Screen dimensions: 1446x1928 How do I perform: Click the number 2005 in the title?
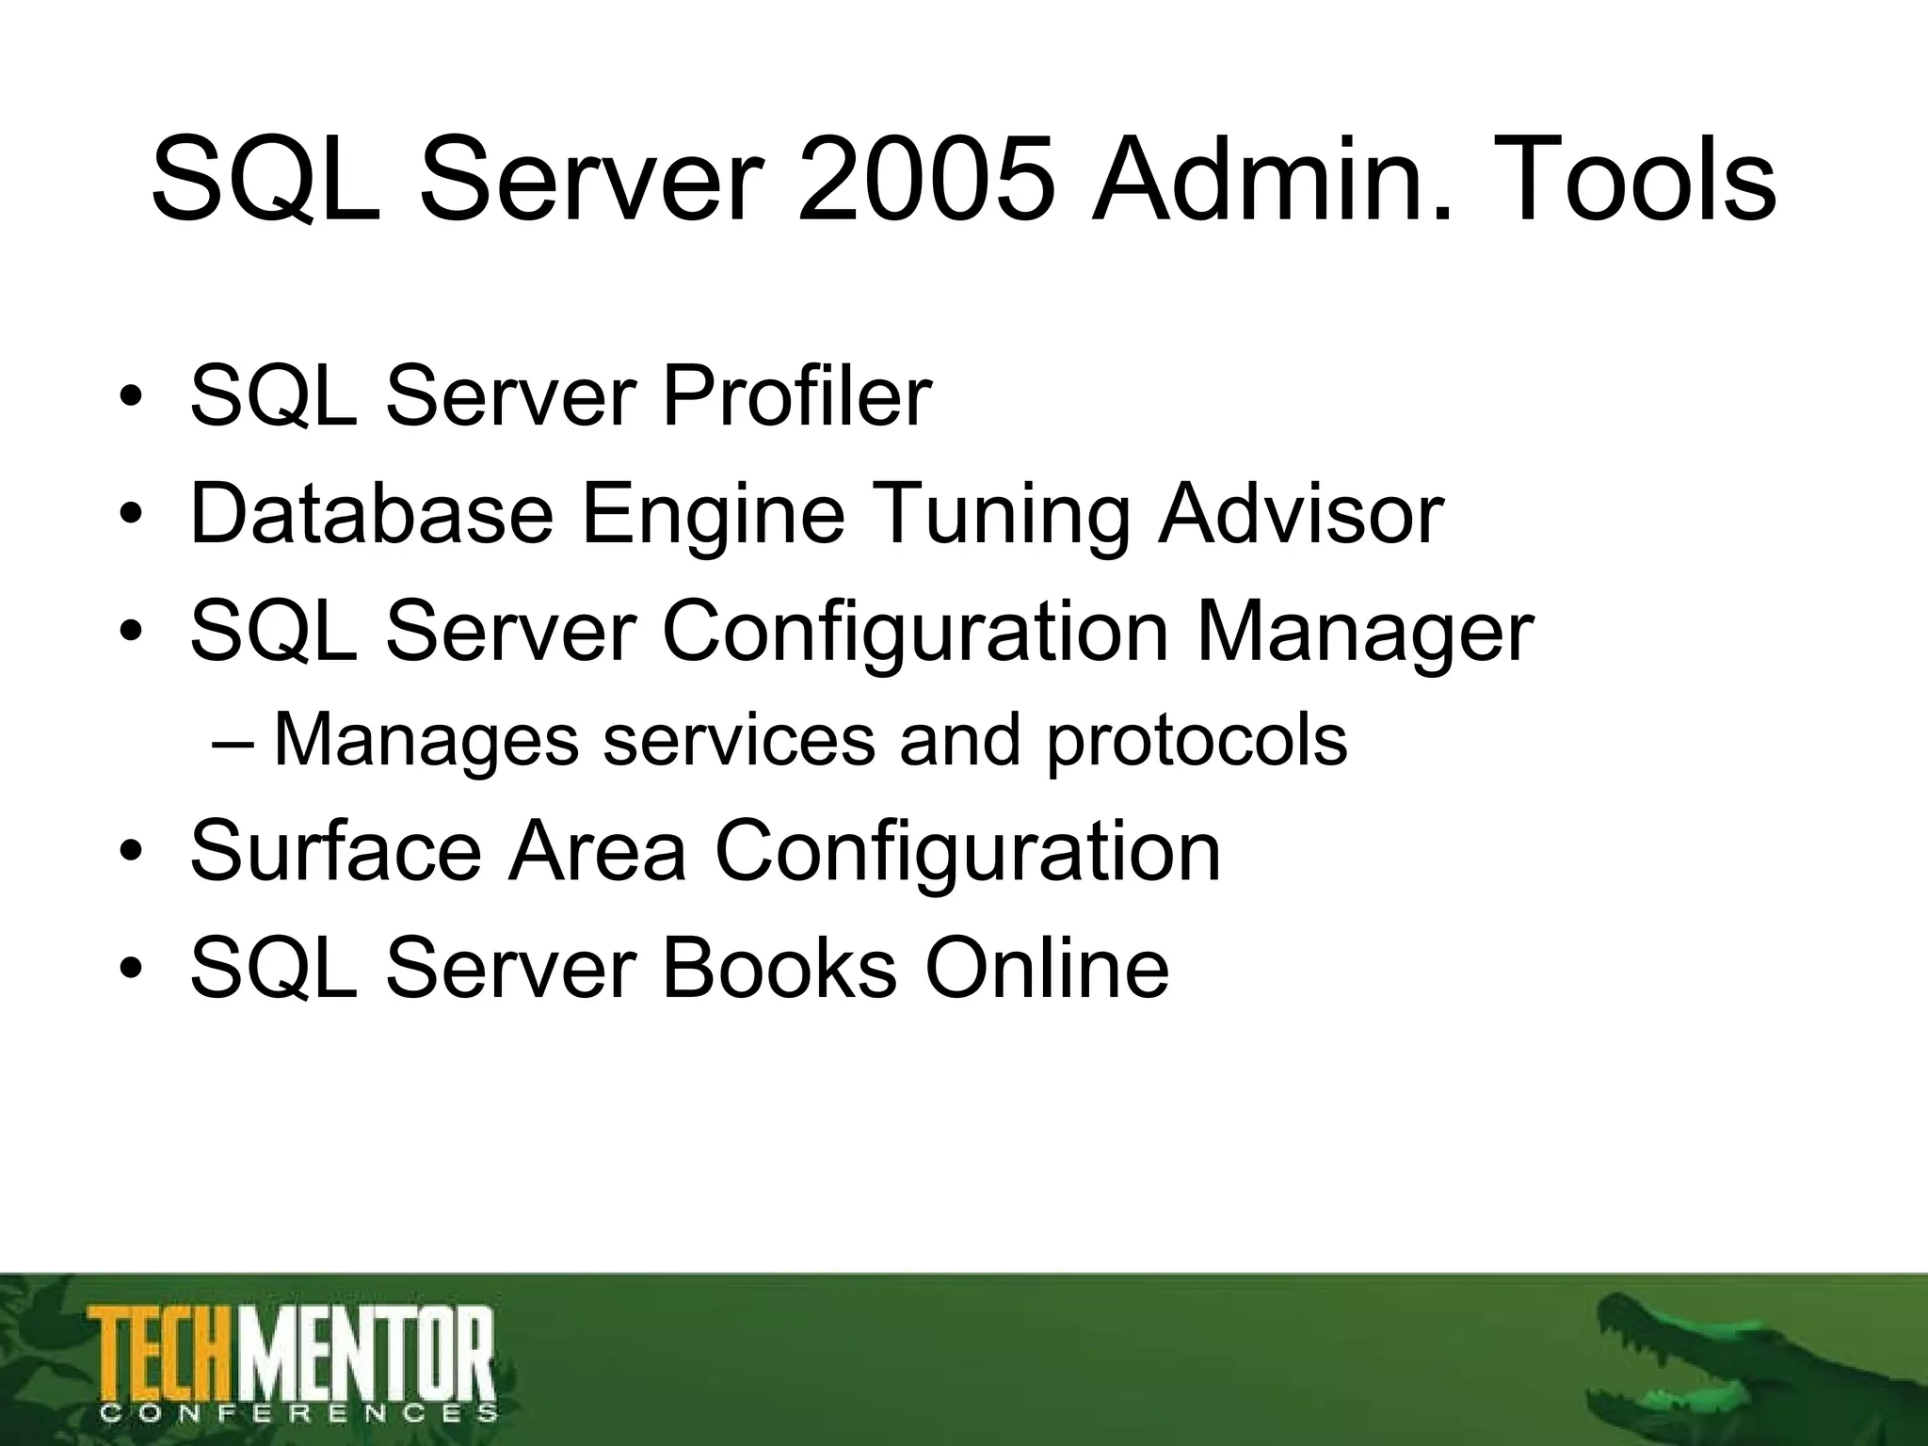[923, 179]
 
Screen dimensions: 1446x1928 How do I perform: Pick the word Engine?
[714, 516]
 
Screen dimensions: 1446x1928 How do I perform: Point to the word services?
[739, 740]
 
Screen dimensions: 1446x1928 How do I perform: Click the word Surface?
[335, 851]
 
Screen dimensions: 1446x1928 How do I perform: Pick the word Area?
[597, 851]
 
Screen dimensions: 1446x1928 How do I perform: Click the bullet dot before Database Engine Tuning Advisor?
[132, 516]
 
